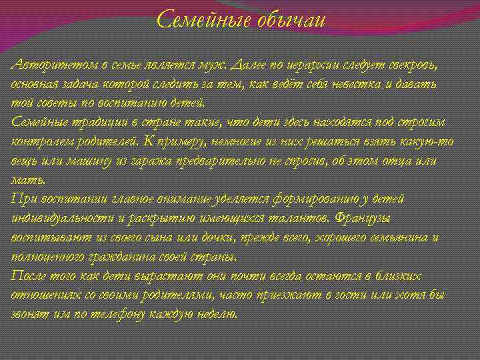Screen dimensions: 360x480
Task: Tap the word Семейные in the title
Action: pos(202,21)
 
